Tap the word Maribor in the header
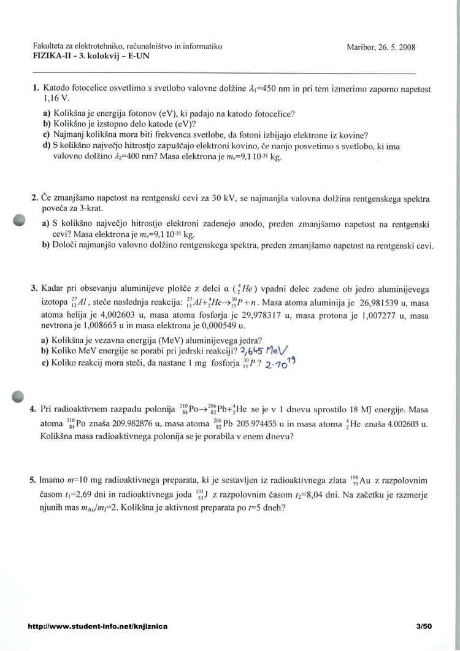point(361,47)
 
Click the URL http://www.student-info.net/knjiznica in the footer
point(98,626)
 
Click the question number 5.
point(33,480)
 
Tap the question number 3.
point(34,288)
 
